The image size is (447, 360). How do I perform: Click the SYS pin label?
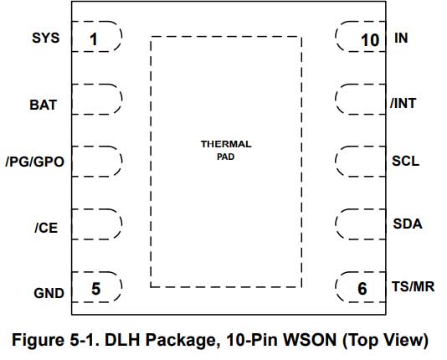[45, 38]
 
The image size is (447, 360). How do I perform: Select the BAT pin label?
[44, 105]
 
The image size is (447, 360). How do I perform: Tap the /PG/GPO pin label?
[35, 162]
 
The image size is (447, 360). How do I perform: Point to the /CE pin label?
[46, 228]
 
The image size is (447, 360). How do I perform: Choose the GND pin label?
[49, 293]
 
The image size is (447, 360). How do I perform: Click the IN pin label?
[401, 38]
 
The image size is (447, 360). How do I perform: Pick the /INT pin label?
[403, 103]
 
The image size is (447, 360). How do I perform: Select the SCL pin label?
[405, 161]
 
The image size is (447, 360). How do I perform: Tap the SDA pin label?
[408, 224]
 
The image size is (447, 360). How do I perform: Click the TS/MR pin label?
[413, 286]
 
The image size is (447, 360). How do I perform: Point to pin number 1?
[94, 39]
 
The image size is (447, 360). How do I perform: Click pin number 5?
[95, 289]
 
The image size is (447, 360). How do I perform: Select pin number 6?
[362, 289]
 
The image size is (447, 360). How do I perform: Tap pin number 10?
[370, 40]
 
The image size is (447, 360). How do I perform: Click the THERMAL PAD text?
[226, 150]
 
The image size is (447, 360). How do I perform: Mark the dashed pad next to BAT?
[96, 99]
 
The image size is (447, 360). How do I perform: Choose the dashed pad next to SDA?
[361, 224]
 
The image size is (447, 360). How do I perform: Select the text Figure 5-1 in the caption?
[56, 340]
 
